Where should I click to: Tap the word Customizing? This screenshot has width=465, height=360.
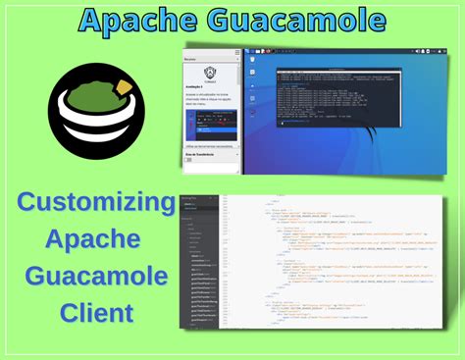[95, 205]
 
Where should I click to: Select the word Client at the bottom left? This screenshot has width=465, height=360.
[95, 315]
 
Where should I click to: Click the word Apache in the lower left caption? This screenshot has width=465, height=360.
[95, 241]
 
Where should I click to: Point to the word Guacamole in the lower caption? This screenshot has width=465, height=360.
[95, 279]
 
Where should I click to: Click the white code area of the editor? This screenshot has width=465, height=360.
[334, 265]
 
